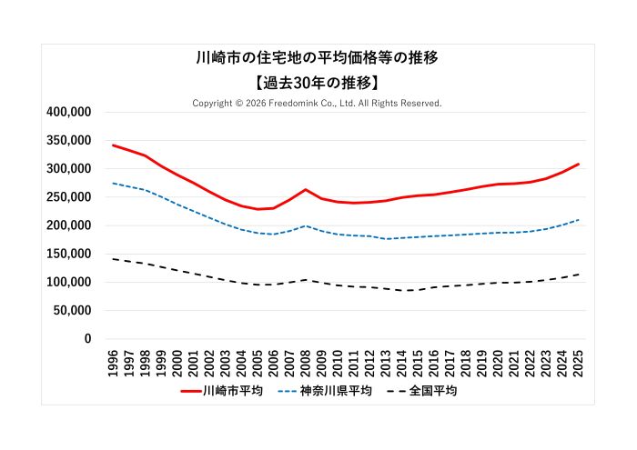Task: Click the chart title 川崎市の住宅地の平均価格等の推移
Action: pos(318,58)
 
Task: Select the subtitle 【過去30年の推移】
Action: pos(318,82)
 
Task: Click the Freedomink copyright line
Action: pos(318,104)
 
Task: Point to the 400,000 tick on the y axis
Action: pos(68,112)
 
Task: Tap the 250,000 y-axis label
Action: pos(68,197)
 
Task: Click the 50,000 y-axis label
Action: pos(72,310)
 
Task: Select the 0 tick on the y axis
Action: pos(87,339)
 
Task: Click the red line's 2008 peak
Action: pos(306,190)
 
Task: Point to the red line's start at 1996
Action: pos(113,145)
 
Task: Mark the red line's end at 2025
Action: pos(579,165)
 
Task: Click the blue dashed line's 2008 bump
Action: pos(306,226)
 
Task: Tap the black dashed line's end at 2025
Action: pos(579,275)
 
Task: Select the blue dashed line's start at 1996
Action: pos(113,184)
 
